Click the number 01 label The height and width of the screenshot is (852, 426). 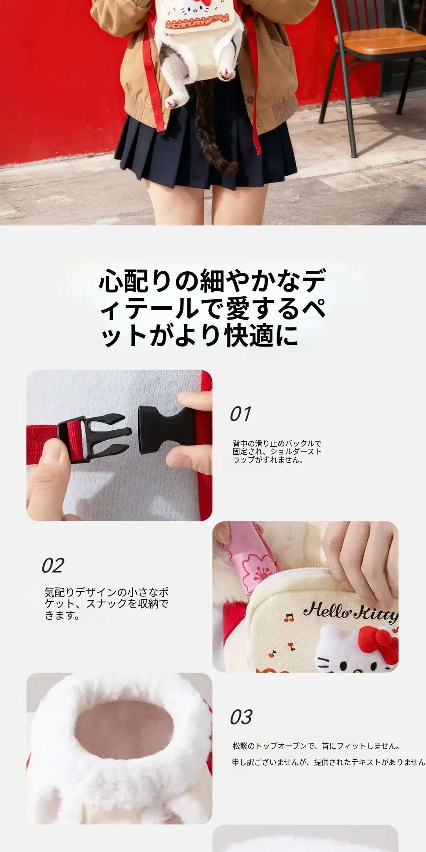pyautogui.click(x=240, y=414)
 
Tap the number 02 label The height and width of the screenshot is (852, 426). pyautogui.click(x=53, y=566)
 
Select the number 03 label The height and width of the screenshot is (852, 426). pyautogui.click(x=241, y=717)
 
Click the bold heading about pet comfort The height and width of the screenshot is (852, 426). pyautogui.click(x=212, y=308)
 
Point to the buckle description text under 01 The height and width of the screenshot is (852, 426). pyautogui.click(x=277, y=452)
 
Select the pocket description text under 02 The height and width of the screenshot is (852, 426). pyautogui.click(x=106, y=603)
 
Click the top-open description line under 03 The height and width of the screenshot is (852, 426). pyautogui.click(x=316, y=746)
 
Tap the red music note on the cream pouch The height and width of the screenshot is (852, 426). pyautogui.click(x=288, y=617)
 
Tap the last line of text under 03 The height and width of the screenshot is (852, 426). pyautogui.click(x=329, y=762)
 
